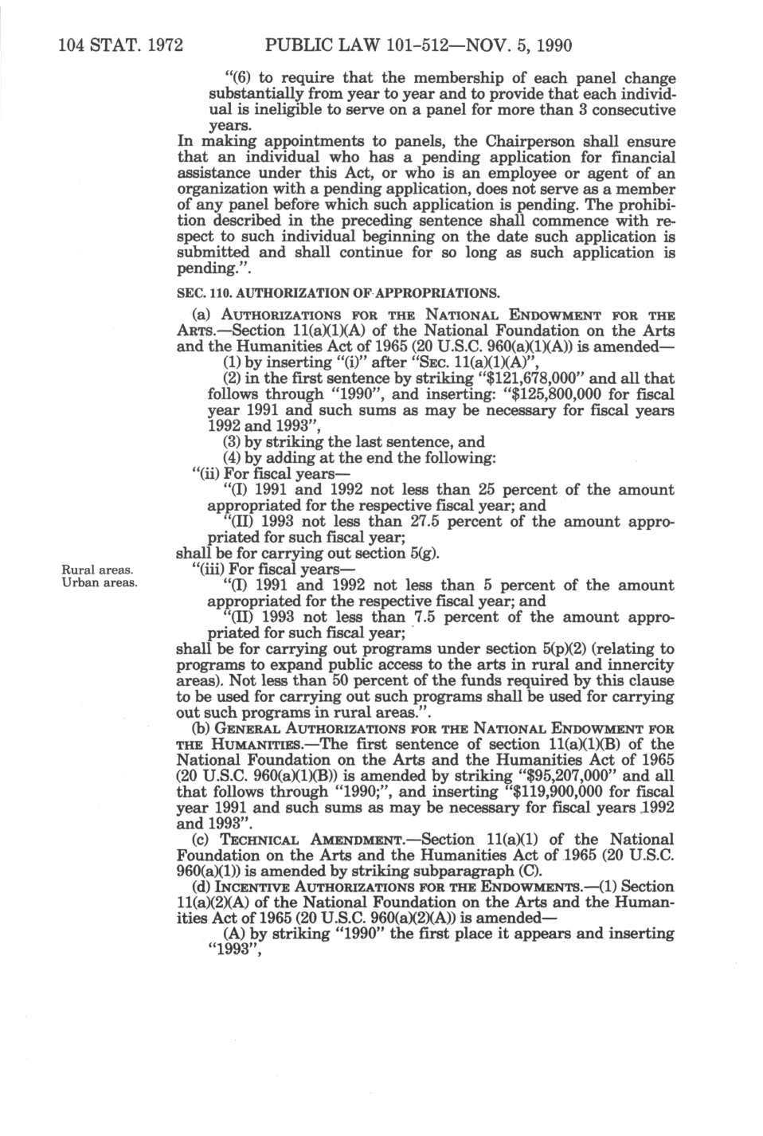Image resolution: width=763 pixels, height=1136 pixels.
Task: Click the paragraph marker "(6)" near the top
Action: pyautogui.click(x=238, y=78)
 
